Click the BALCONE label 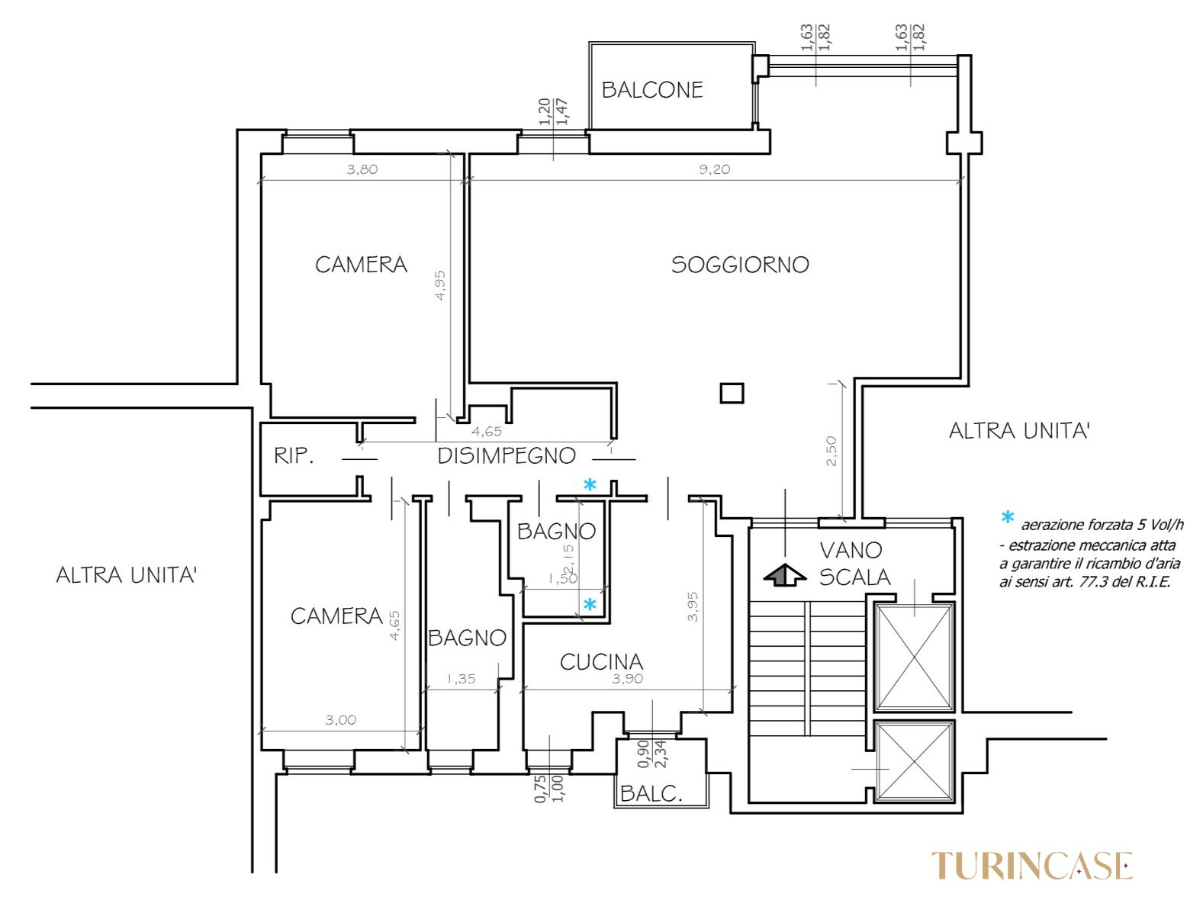[651, 90]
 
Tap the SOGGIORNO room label [740, 265]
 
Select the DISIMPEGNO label [507, 455]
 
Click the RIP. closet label [294, 455]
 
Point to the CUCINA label [601, 662]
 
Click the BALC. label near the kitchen [651, 793]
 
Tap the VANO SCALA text [854, 564]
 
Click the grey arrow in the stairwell [785, 575]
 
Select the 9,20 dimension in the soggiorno [715, 169]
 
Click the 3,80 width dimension [362, 169]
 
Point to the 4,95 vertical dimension [440, 285]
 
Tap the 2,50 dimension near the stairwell [831, 451]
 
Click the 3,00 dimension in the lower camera [341, 719]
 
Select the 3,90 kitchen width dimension [628, 678]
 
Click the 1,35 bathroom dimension [461, 678]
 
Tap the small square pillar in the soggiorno [732, 394]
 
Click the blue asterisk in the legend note [1008, 517]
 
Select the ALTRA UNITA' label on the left [126, 575]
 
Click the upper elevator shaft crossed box [914, 657]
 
